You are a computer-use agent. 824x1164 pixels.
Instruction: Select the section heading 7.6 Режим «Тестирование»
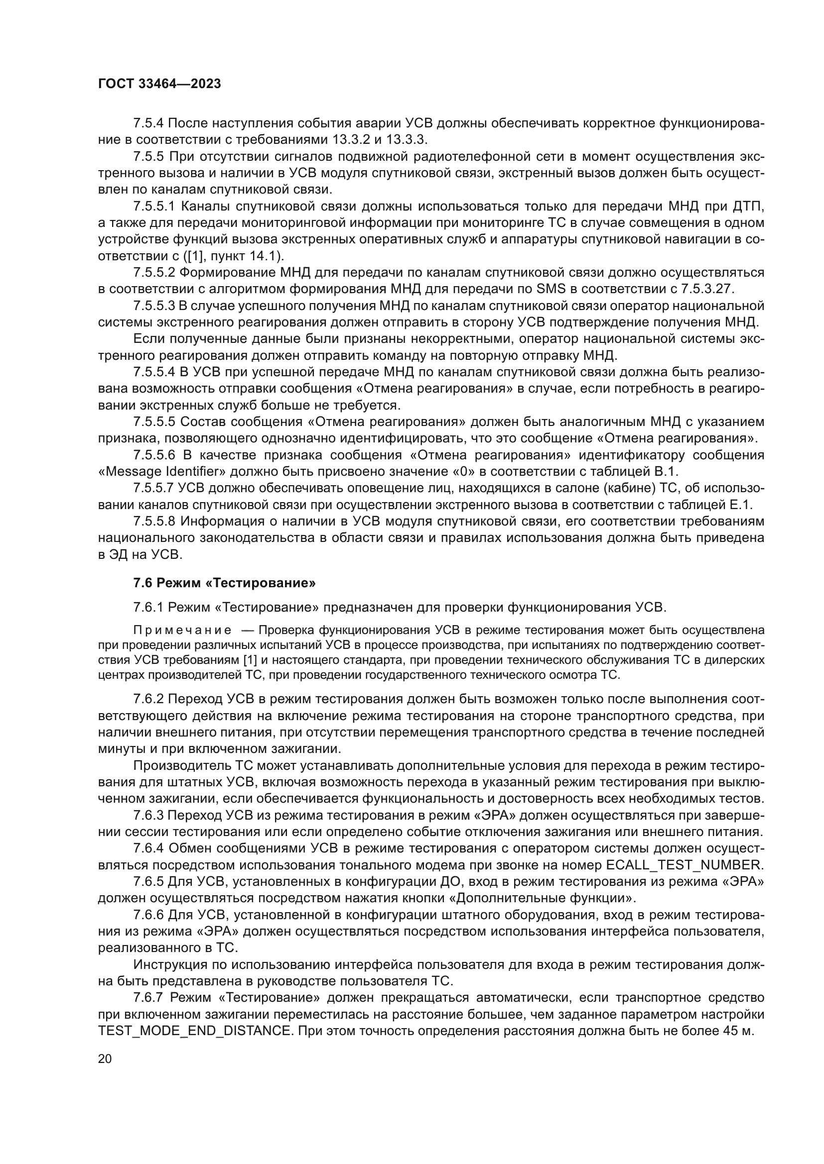[x=224, y=583]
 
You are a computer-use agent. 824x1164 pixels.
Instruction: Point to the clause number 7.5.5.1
[x=154, y=207]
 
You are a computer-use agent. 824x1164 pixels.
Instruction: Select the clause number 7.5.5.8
[x=154, y=521]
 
